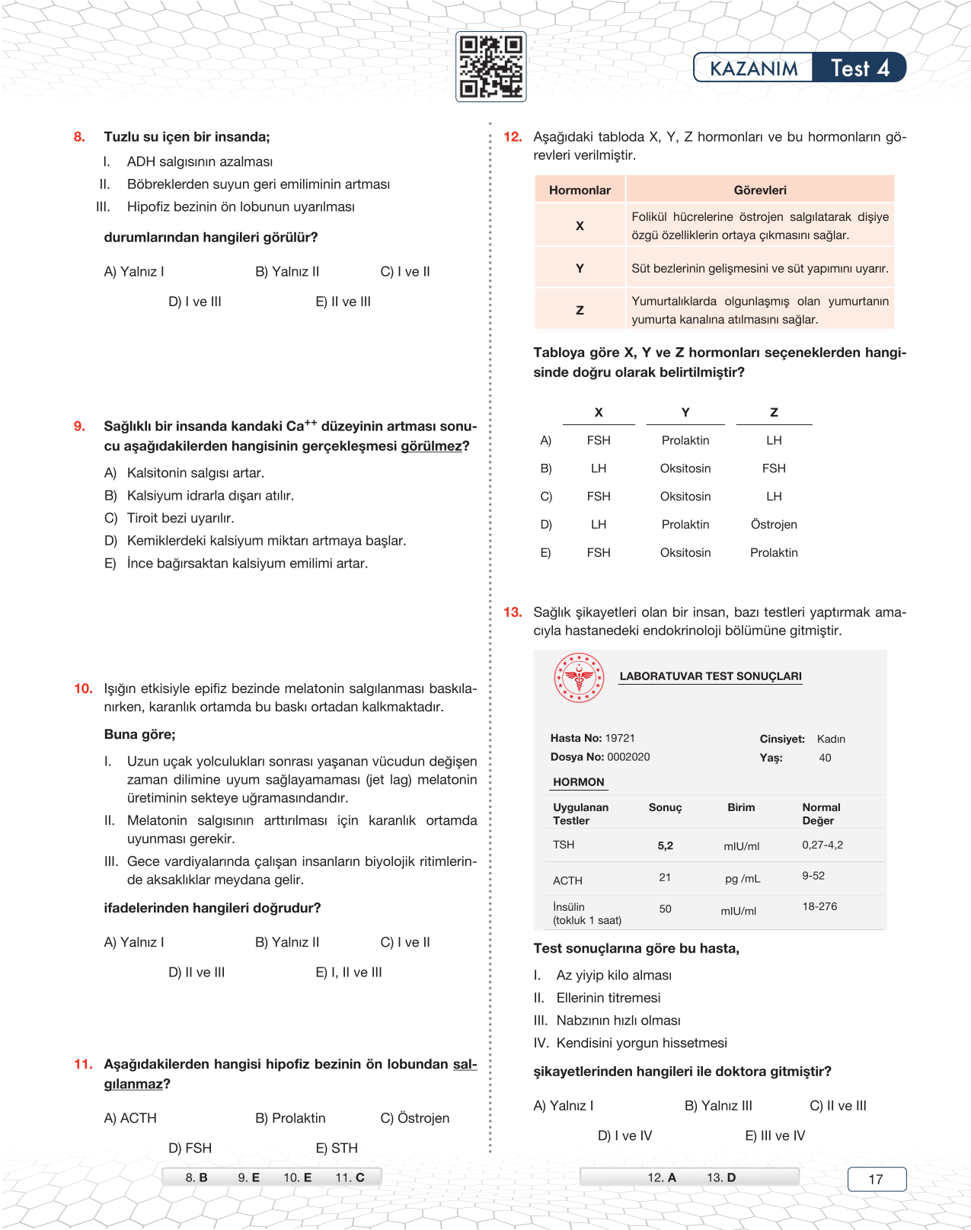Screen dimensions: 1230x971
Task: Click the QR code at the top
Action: coord(490,67)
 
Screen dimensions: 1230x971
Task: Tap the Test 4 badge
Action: coord(859,68)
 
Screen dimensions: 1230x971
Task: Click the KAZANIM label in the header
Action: coord(753,69)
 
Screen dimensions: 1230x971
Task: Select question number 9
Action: coord(79,427)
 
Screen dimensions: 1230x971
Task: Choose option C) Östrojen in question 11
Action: coord(414,1118)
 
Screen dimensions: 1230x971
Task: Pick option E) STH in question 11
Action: coord(336,1148)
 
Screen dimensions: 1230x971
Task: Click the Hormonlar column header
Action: coord(580,190)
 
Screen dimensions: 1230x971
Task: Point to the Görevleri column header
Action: coord(759,190)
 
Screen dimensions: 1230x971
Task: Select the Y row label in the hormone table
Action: coord(580,268)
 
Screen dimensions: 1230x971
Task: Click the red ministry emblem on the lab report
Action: coord(579,677)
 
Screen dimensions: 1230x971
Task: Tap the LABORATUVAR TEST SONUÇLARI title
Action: coord(710,676)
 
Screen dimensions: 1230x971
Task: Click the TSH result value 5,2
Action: coord(665,845)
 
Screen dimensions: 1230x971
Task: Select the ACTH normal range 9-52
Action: coord(813,876)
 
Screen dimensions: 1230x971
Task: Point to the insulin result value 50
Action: coord(665,909)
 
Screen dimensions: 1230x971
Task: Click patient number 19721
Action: coord(620,738)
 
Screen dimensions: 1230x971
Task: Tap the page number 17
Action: coord(876,1179)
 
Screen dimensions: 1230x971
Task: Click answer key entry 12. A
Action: coord(662,1177)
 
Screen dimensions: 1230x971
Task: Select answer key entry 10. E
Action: coord(297,1177)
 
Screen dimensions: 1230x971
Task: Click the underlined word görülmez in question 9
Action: coord(431,446)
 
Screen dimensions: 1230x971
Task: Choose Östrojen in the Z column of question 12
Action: coord(774,525)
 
